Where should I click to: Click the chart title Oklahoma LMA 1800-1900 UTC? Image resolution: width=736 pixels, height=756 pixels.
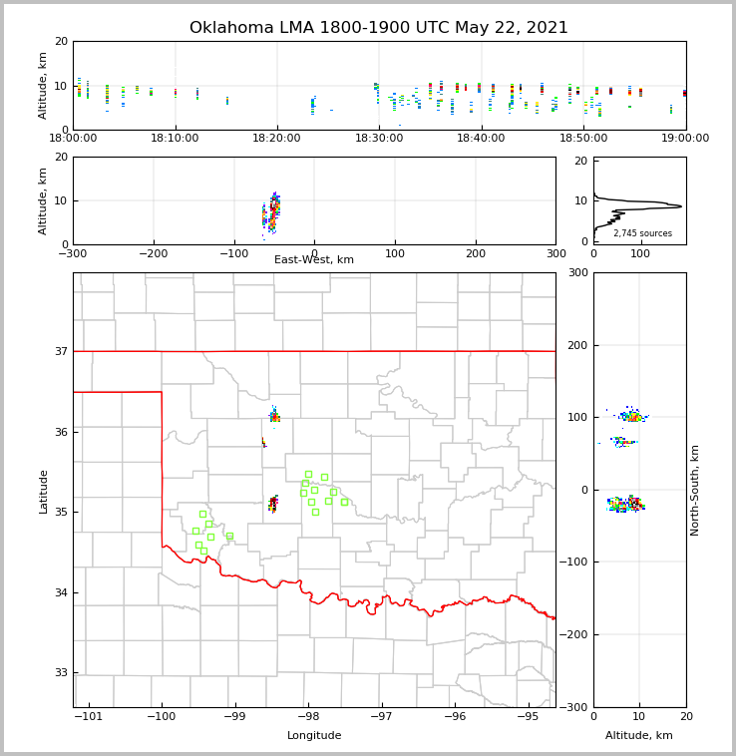pos(379,28)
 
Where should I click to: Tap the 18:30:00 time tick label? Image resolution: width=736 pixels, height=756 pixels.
pos(379,139)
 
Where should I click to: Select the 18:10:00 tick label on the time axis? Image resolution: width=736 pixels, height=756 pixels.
pos(176,139)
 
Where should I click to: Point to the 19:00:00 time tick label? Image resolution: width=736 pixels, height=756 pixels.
pos(685,139)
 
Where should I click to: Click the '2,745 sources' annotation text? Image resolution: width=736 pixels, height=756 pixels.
pos(642,233)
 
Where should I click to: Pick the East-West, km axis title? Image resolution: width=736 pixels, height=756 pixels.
pos(314,260)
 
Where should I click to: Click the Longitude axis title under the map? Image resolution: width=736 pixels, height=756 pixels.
pos(314,736)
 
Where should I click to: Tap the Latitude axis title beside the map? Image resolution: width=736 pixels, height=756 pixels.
pos(43,491)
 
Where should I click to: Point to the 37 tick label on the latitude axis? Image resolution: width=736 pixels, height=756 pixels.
pos(61,352)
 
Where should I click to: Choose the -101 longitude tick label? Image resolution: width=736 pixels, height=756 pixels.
pos(89,717)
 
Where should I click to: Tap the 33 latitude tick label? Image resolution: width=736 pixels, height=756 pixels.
pos(61,673)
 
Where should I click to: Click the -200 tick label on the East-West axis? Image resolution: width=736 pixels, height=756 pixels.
pos(153,253)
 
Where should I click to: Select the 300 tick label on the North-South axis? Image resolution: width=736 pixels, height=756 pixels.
pos(577,273)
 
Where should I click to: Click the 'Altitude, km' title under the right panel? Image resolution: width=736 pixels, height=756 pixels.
pos(639,736)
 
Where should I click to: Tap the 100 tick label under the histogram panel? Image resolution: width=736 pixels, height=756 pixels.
pos(640,253)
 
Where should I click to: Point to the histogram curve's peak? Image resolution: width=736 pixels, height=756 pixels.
pos(681,206)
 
